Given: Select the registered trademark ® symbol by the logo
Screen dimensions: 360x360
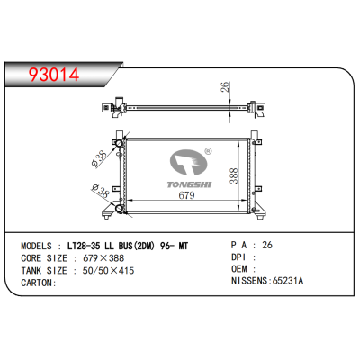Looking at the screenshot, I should [x=208, y=152].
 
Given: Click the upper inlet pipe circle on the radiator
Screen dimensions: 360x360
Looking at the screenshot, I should [x=117, y=143].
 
